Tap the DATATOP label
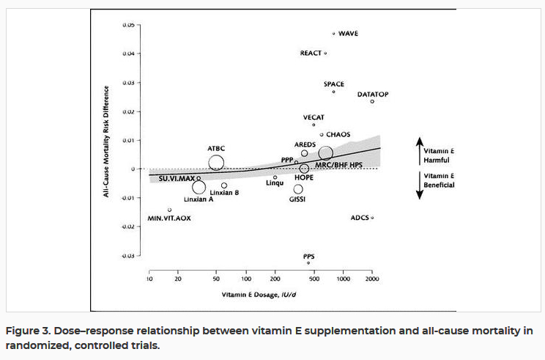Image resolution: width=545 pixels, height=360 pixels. pyautogui.click(x=372, y=95)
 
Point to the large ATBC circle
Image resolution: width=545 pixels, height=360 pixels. pyautogui.click(x=216, y=163)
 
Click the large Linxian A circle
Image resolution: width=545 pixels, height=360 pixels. pyautogui.click(x=199, y=187)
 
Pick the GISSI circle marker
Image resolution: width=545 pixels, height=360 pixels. pyautogui.click(x=298, y=189)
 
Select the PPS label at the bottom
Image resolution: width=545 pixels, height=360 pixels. pyautogui.click(x=309, y=256)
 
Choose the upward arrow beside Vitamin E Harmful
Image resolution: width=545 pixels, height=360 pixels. pyautogui.click(x=418, y=150)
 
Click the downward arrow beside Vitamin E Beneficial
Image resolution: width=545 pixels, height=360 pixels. pyautogui.click(x=418, y=185)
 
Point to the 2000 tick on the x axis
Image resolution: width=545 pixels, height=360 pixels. pyautogui.click(x=372, y=280)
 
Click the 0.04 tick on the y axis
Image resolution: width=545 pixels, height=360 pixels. pyautogui.click(x=128, y=54)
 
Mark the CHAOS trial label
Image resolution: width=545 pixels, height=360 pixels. pyautogui.click(x=338, y=134)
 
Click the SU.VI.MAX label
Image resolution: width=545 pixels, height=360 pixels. pyautogui.click(x=177, y=178)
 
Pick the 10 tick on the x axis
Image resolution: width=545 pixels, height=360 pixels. pyautogui.click(x=149, y=280)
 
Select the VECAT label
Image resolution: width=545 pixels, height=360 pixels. pyautogui.click(x=314, y=117)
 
